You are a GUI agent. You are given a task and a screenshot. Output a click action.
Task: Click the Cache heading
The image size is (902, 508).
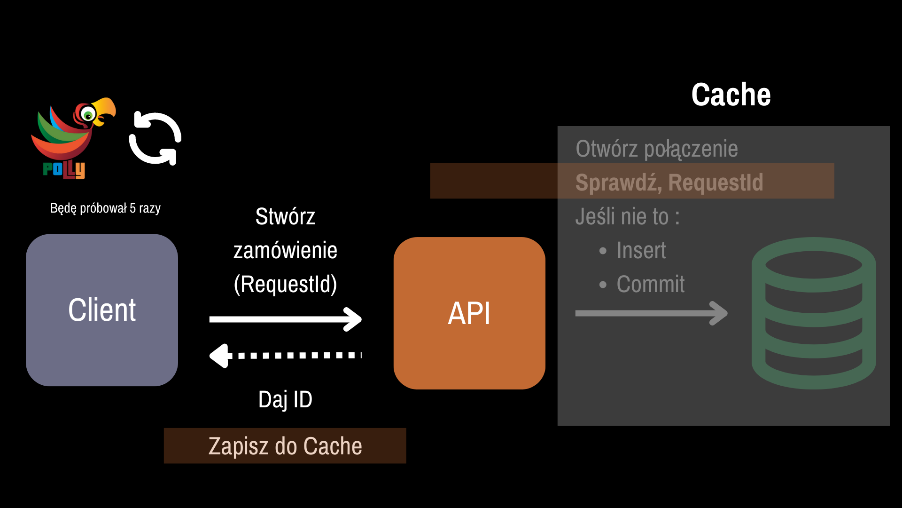tap(731, 95)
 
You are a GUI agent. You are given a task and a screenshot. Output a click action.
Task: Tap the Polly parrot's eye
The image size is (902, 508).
tap(87, 114)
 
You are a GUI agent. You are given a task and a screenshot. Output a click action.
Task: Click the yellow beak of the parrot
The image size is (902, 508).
tap(104, 110)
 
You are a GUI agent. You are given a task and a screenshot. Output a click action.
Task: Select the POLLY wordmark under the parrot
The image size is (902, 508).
tap(64, 169)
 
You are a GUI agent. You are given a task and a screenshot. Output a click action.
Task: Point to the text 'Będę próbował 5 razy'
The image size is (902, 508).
tap(105, 208)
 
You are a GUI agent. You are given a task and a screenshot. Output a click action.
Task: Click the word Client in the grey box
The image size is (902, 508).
tap(102, 310)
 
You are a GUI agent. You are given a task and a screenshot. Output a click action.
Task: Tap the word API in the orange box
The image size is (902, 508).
tap(469, 313)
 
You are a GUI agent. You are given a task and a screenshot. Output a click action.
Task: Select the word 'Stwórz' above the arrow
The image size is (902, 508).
tap(285, 216)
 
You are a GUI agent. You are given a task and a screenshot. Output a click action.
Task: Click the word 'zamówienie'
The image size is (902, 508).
tap(285, 250)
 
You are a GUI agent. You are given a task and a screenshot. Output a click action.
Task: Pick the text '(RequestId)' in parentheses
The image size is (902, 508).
tap(285, 284)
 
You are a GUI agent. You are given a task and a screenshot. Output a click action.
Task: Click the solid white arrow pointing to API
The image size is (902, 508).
tap(285, 319)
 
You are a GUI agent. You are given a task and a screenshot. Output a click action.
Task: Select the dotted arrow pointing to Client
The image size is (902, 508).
tap(285, 356)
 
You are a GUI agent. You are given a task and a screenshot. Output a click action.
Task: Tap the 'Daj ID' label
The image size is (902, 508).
tap(285, 399)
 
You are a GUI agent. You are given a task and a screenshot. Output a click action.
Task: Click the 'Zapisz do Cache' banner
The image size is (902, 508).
tap(285, 446)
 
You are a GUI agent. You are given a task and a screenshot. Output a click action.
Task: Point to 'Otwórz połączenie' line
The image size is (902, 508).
tap(657, 149)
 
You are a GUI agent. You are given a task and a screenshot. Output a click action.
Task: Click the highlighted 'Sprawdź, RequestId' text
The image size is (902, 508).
tap(669, 183)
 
